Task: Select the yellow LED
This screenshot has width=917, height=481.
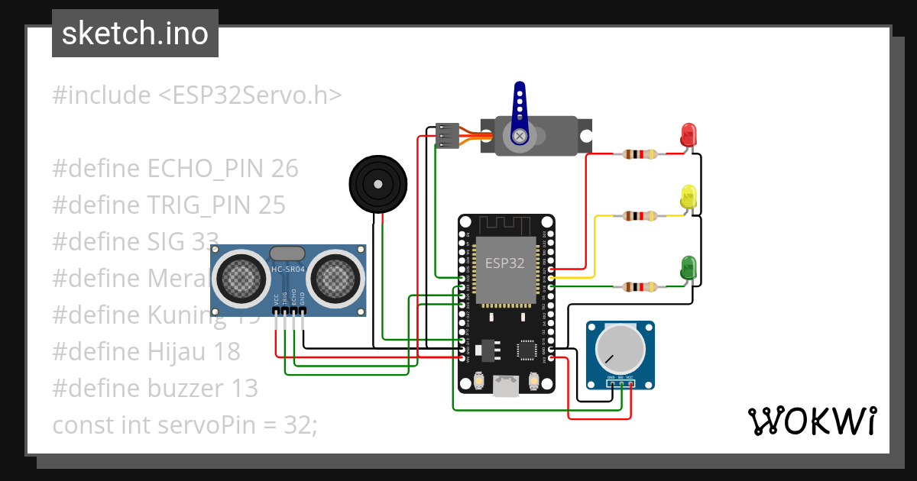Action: (x=689, y=197)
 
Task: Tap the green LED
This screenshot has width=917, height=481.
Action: (x=689, y=267)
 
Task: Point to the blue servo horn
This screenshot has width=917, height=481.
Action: (x=520, y=111)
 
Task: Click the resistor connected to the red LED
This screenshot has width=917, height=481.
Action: (x=640, y=154)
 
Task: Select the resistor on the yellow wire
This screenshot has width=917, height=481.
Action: (x=640, y=217)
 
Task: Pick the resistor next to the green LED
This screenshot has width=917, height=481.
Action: (x=640, y=287)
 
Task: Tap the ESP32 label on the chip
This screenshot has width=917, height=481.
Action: (x=505, y=263)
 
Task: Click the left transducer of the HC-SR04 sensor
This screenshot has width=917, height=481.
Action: (x=243, y=279)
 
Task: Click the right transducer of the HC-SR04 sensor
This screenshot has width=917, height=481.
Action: (x=335, y=279)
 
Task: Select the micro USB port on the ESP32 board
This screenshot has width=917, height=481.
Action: (x=505, y=386)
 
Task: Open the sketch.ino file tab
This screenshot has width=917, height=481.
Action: (x=135, y=34)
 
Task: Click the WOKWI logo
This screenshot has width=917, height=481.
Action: (x=812, y=421)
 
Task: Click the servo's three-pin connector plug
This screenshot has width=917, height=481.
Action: (x=447, y=135)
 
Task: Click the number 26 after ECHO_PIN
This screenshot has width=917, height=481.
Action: (x=284, y=168)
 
